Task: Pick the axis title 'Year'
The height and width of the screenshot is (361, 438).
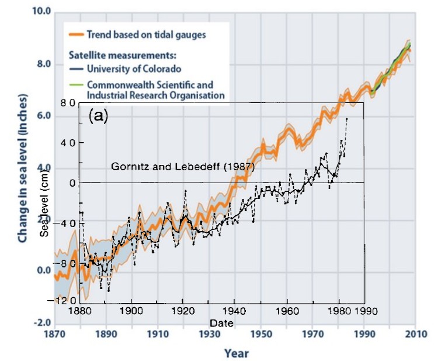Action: point(237,353)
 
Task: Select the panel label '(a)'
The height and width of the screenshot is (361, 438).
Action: point(99,116)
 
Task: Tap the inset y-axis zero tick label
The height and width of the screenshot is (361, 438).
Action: point(73,183)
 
